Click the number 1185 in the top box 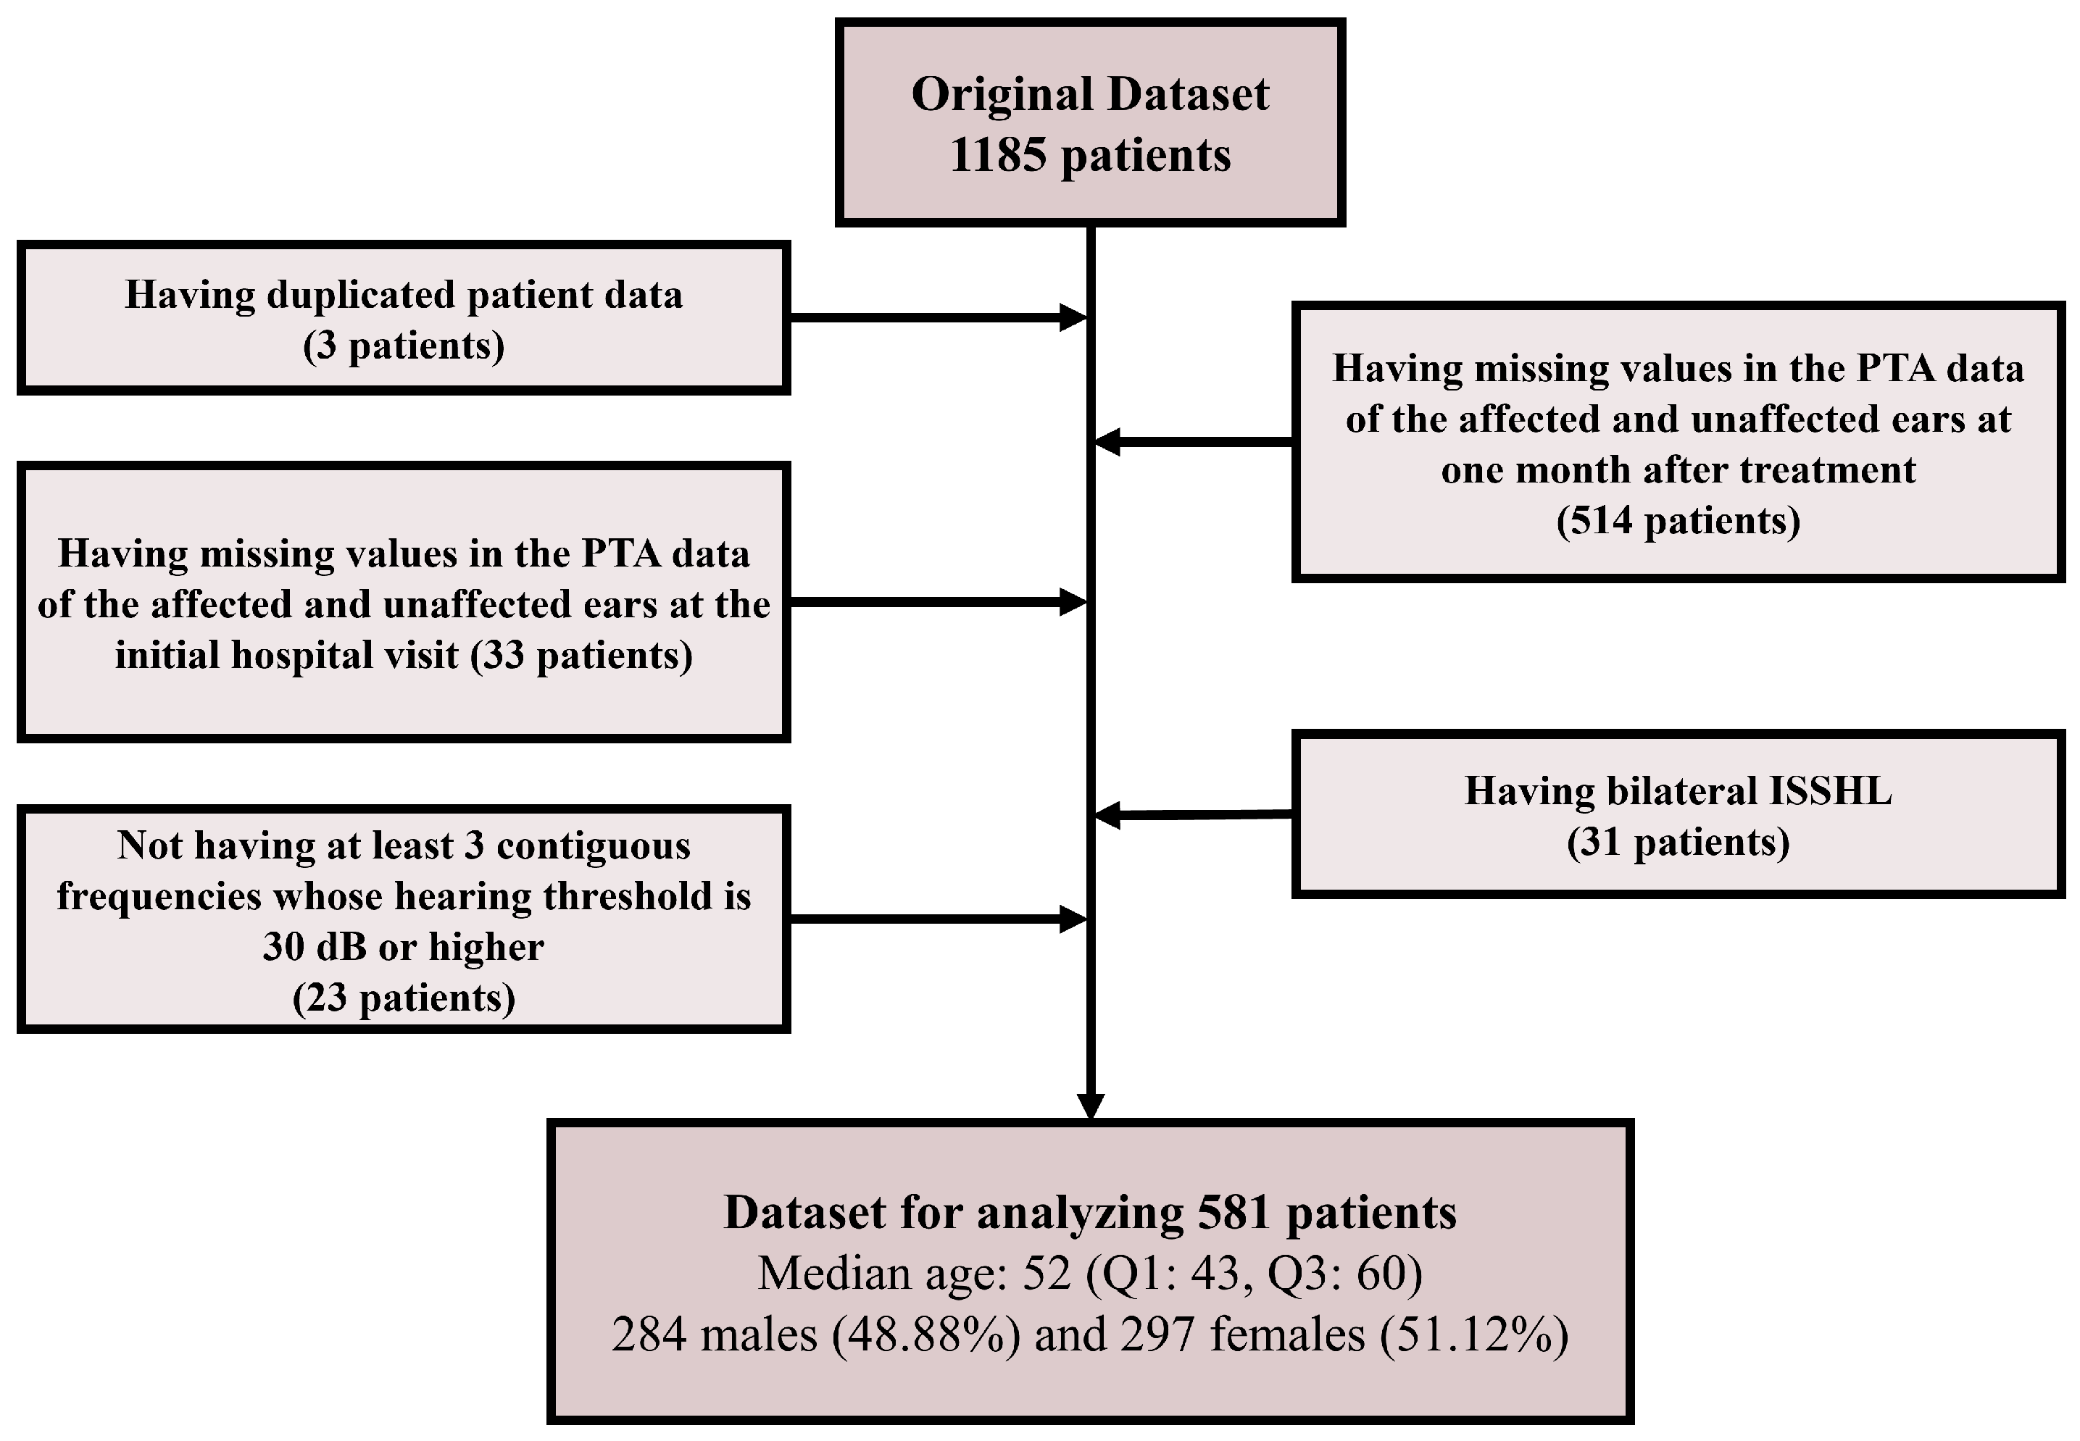998,155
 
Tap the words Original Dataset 1089,95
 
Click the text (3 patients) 403,346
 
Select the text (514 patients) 1677,521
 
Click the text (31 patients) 1677,843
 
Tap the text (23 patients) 403,998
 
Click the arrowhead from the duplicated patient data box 1073,318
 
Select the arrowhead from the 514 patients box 1107,441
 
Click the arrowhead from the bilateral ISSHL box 1107,815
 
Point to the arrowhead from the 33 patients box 1073,602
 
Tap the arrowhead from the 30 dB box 1073,919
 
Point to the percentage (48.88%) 927,1335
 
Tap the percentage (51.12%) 1474,1335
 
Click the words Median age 881,1273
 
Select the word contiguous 593,846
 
